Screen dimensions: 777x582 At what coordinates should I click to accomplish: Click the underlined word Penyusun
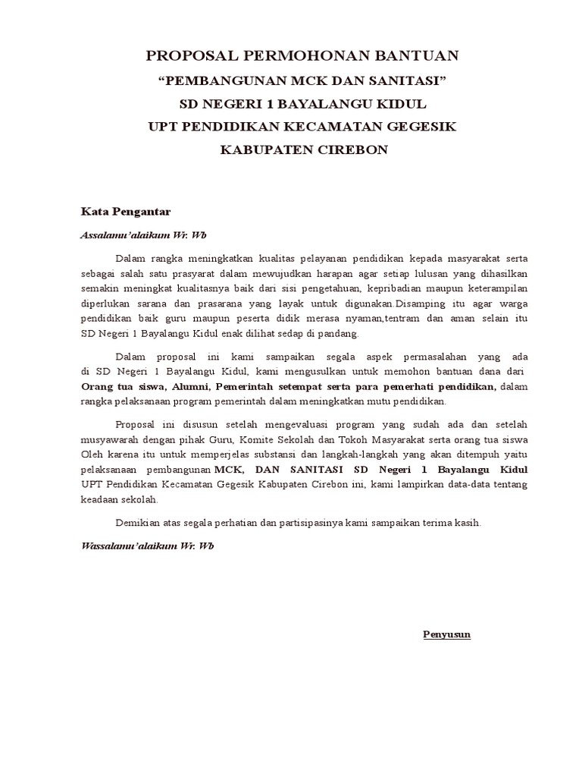pyautogui.click(x=446, y=634)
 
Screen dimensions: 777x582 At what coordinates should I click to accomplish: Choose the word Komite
pyautogui.click(x=265, y=439)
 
